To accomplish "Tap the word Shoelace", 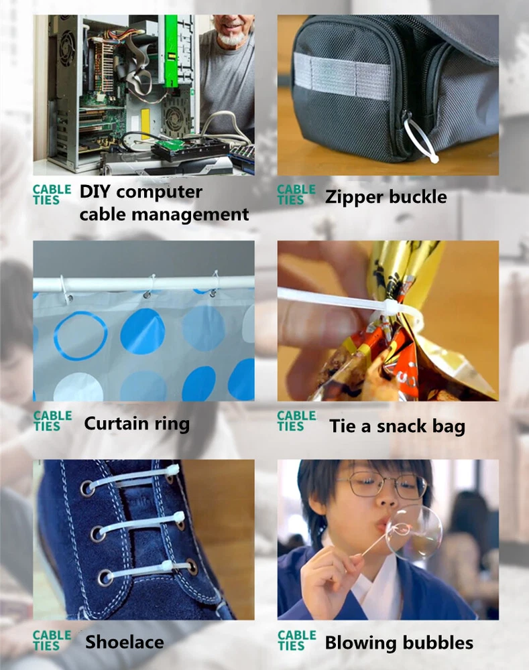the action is (x=125, y=642).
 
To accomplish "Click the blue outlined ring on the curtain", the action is (x=80, y=336).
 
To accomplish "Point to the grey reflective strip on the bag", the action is (x=341, y=76).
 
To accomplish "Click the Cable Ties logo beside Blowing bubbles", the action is (x=297, y=640).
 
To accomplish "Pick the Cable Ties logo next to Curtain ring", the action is (x=52, y=421).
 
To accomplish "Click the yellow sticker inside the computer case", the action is (x=145, y=121).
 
